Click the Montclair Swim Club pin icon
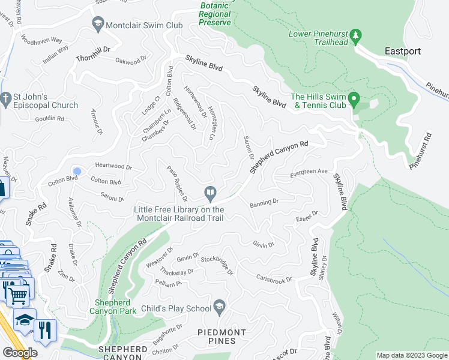pyautogui.click(x=97, y=23)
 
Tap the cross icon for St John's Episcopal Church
pyautogui.click(x=6, y=97)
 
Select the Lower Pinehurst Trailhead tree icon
pyautogui.click(x=355, y=36)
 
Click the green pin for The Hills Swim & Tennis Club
pyautogui.click(x=354, y=98)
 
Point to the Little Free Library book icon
pyautogui.click(x=210, y=193)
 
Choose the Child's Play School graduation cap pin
pyautogui.click(x=219, y=307)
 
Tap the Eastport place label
pyautogui.click(x=403, y=51)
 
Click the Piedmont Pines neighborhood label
pyautogui.click(x=221, y=337)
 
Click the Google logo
pyautogui.click(x=19, y=353)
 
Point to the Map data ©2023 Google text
pyautogui.click(x=411, y=355)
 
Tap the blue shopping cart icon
pyautogui.click(x=17, y=295)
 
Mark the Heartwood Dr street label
pyautogui.click(x=113, y=166)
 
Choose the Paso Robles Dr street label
pyautogui.click(x=177, y=184)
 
